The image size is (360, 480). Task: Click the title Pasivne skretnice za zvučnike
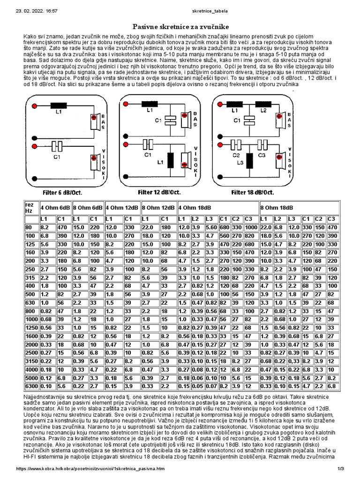point(180,27)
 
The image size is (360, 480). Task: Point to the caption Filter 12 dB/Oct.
point(159,192)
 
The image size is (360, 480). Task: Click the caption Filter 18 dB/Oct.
point(253,192)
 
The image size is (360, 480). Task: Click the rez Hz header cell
point(29,208)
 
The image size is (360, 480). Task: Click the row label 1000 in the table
point(30,319)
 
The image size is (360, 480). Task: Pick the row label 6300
point(30,386)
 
